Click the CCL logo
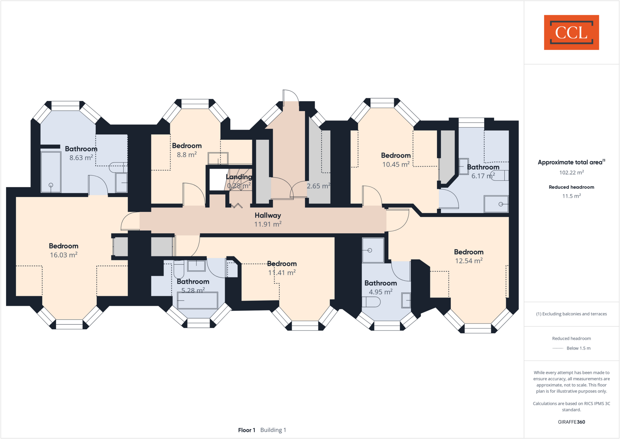click(x=571, y=32)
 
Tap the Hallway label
click(x=268, y=215)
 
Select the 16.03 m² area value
click(x=64, y=255)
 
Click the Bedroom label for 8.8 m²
click(x=187, y=146)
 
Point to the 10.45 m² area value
click(x=396, y=165)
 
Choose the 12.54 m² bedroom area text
click(x=469, y=261)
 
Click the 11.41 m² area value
click(x=282, y=273)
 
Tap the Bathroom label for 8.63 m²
click(x=81, y=149)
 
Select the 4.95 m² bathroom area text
click(x=381, y=292)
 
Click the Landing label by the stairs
click(x=239, y=177)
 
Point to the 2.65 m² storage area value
click(x=318, y=186)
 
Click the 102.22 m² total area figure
click(x=571, y=173)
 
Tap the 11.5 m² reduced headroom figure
click(x=571, y=196)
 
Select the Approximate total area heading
click(x=570, y=162)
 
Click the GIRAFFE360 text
click(x=571, y=422)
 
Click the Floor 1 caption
click(x=246, y=430)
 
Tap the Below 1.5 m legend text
click(x=578, y=348)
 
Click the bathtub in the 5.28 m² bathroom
click(x=197, y=300)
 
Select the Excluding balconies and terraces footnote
click(x=571, y=314)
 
